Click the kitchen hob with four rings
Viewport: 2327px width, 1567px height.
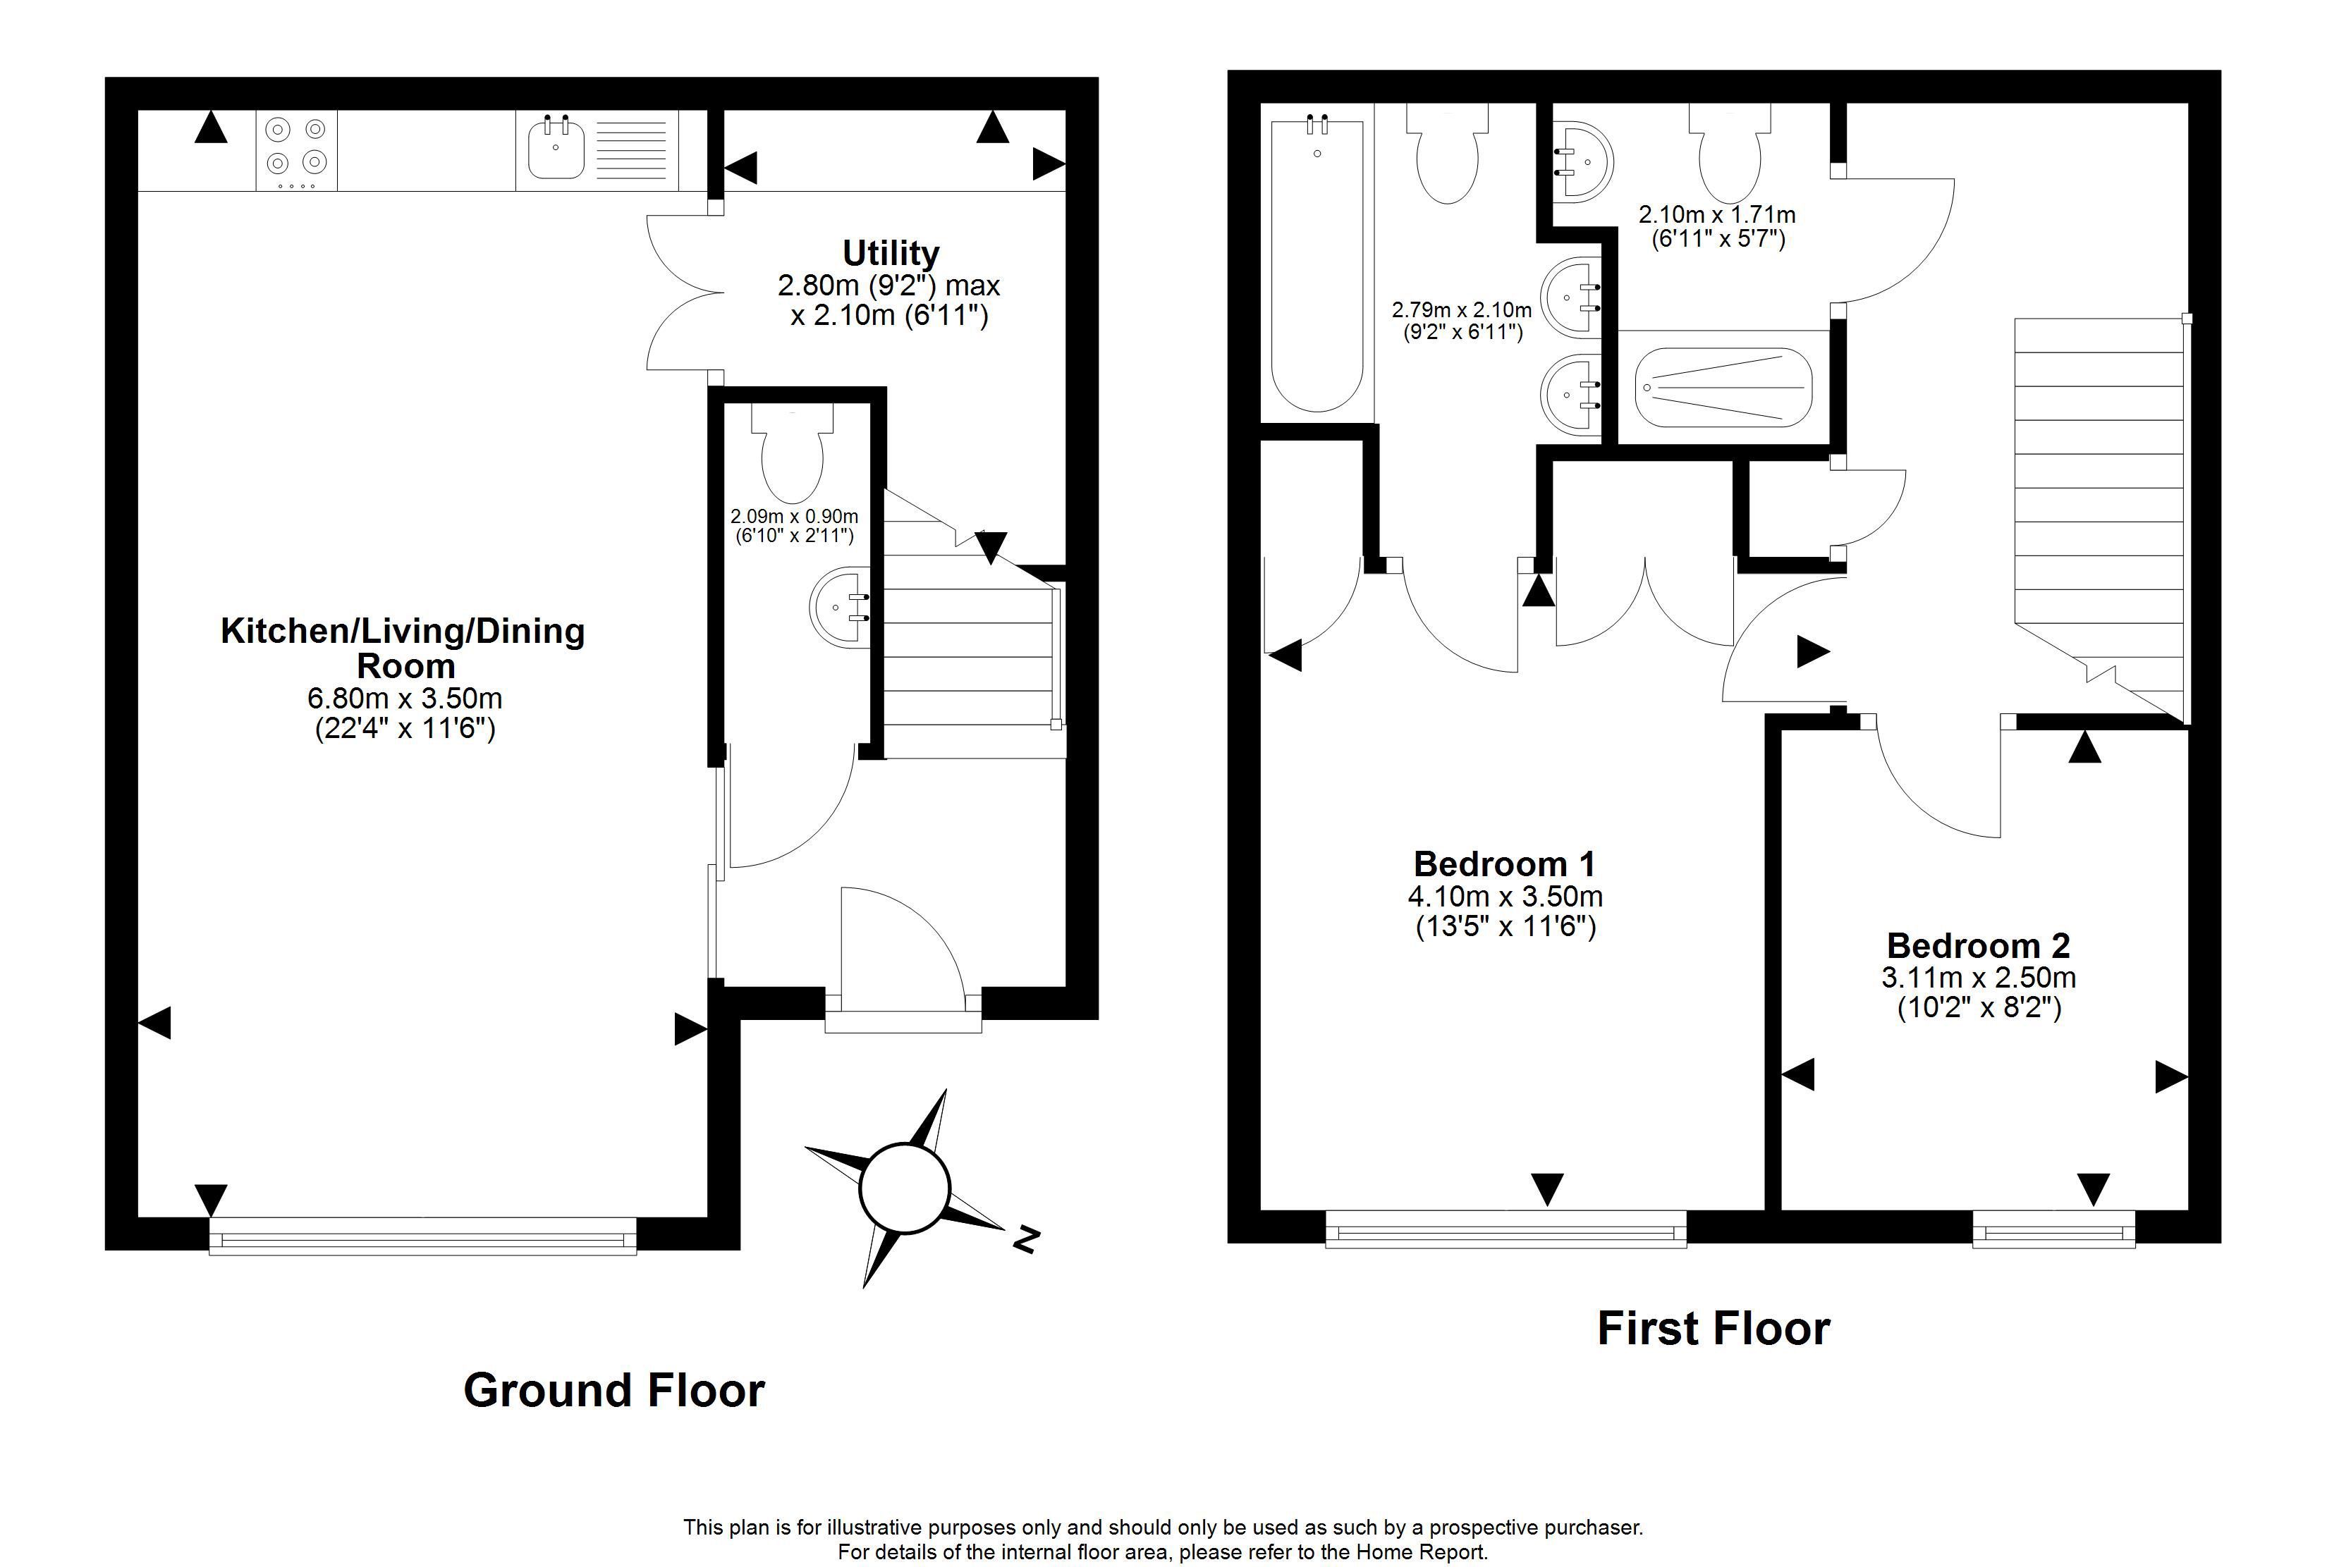click(297, 150)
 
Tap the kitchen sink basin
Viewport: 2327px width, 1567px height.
click(556, 148)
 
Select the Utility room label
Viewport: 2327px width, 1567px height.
click(891, 253)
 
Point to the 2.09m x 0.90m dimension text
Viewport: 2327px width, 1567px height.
click(795, 517)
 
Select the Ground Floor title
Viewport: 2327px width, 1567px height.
click(613, 1390)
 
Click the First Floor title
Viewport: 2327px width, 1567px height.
click(1714, 1328)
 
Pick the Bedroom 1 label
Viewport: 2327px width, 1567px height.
click(1504, 864)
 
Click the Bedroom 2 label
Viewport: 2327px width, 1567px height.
click(1978, 945)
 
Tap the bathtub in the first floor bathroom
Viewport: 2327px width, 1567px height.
click(1317, 266)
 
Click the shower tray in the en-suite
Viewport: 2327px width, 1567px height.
click(1723, 388)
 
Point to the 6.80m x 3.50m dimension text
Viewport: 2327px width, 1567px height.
click(405, 698)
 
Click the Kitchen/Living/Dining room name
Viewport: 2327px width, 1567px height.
click(403, 648)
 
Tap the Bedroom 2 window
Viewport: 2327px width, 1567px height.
click(2053, 1229)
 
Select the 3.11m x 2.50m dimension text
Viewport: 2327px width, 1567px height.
click(1978, 978)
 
